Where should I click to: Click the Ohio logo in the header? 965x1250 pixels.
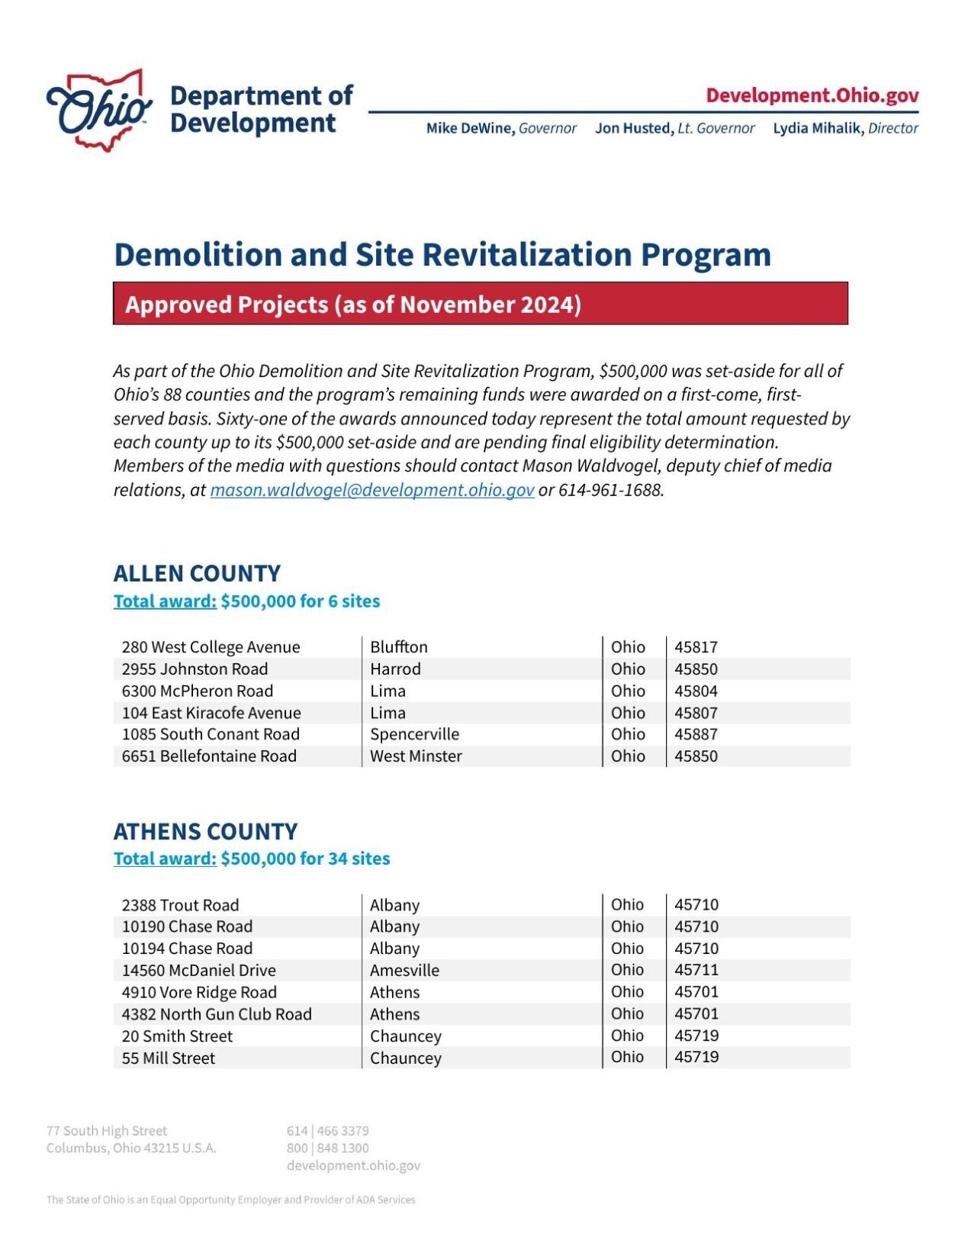click(x=99, y=110)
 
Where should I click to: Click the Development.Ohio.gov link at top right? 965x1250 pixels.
click(x=812, y=95)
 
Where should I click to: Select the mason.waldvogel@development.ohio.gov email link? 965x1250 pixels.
click(x=372, y=490)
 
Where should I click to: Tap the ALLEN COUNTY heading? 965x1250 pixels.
click(x=197, y=573)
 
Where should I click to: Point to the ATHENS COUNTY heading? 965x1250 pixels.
click(x=205, y=831)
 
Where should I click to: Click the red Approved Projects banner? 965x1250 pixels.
click(x=480, y=304)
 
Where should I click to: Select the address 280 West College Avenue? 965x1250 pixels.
click(x=211, y=647)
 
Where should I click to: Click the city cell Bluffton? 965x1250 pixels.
click(x=398, y=647)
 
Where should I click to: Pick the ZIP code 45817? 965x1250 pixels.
click(x=696, y=647)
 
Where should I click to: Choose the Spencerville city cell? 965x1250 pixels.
click(x=414, y=734)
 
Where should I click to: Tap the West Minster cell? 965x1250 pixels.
click(x=416, y=756)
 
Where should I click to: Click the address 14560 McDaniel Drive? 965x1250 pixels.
click(x=198, y=970)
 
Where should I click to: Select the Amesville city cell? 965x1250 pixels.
click(x=404, y=970)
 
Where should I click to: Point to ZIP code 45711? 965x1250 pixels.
click(x=696, y=970)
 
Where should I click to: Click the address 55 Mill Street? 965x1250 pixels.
click(x=169, y=1058)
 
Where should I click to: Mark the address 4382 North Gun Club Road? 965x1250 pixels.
click(x=217, y=1014)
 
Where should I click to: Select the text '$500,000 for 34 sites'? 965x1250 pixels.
click(x=305, y=859)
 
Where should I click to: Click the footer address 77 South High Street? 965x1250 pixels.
click(x=107, y=1131)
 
